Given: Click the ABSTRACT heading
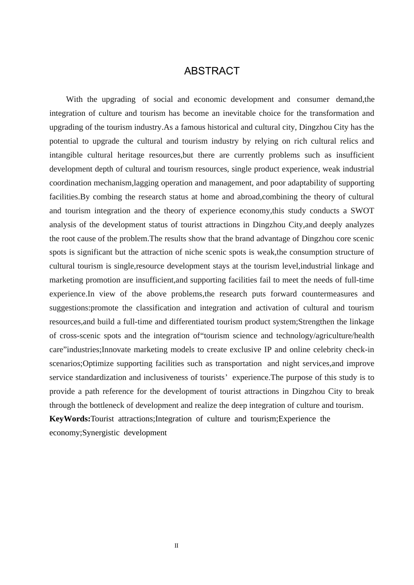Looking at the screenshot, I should click(x=212, y=71).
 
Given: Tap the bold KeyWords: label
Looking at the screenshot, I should click(x=70, y=419).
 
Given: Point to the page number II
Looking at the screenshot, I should click(x=176, y=545).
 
